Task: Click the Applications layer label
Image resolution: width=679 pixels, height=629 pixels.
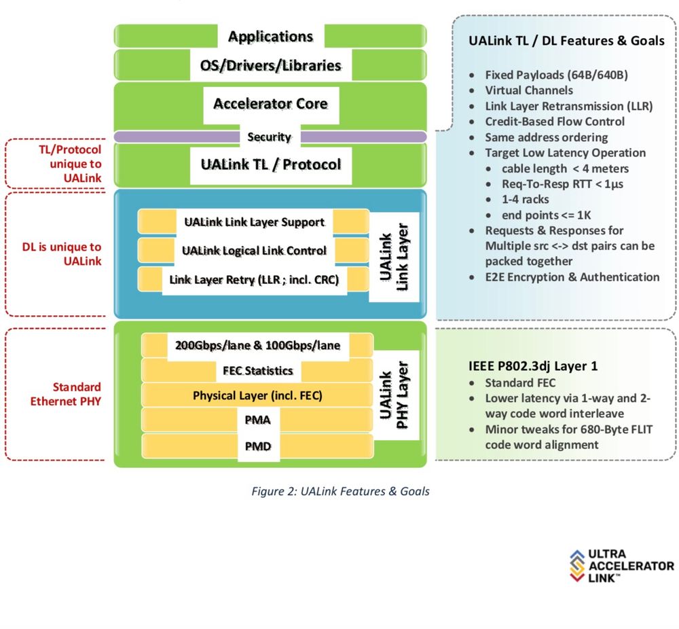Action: pos(270,36)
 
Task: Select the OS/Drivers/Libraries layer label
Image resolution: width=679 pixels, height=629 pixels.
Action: pos(270,66)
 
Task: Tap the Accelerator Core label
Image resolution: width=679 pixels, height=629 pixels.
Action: pos(270,104)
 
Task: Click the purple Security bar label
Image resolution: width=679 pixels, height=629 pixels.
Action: pos(270,137)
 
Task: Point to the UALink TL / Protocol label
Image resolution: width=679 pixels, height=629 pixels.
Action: pos(270,164)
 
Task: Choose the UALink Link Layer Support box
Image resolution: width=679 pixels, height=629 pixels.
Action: pos(254,222)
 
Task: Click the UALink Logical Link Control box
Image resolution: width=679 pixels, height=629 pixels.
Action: pos(254,251)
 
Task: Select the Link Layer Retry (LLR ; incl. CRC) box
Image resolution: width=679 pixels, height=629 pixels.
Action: pos(254,279)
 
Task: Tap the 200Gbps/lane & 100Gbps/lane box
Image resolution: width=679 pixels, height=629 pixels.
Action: pos(257,345)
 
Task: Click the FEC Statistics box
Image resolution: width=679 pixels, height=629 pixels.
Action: pos(257,371)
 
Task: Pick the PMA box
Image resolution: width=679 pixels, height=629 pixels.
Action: pos(257,420)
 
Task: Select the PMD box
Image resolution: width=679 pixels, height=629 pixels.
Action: pos(257,447)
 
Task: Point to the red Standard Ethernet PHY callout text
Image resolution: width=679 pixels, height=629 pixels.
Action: pos(66,394)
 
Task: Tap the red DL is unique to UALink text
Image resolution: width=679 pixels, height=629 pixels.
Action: pos(66,254)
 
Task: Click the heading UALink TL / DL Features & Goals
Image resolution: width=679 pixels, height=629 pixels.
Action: pos(566,41)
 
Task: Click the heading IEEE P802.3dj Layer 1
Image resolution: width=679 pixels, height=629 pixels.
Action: pos(533,366)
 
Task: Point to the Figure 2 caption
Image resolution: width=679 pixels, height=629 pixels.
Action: pos(339,491)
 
